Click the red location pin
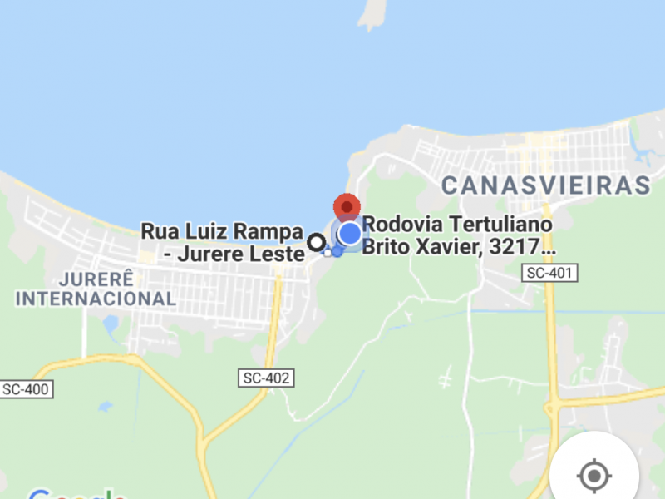(346, 206)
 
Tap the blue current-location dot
(350, 234)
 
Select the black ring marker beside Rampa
(316, 242)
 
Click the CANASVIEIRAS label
(545, 185)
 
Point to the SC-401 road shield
(549, 273)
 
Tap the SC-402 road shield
(266, 378)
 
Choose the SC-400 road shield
(27, 388)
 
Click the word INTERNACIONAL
(96, 298)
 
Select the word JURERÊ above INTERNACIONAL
(96, 278)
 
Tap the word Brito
(389, 247)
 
